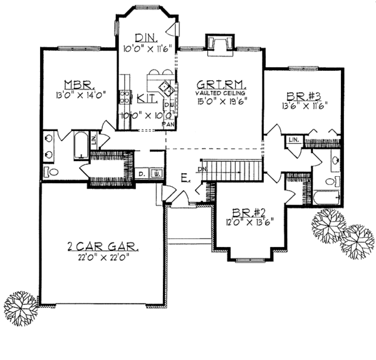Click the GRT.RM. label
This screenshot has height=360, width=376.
(220, 83)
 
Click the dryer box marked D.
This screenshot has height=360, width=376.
(142, 172)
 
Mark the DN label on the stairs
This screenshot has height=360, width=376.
(202, 169)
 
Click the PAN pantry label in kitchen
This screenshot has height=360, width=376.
(167, 124)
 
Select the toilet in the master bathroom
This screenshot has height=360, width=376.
(51, 171)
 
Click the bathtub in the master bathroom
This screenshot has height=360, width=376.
(80, 146)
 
